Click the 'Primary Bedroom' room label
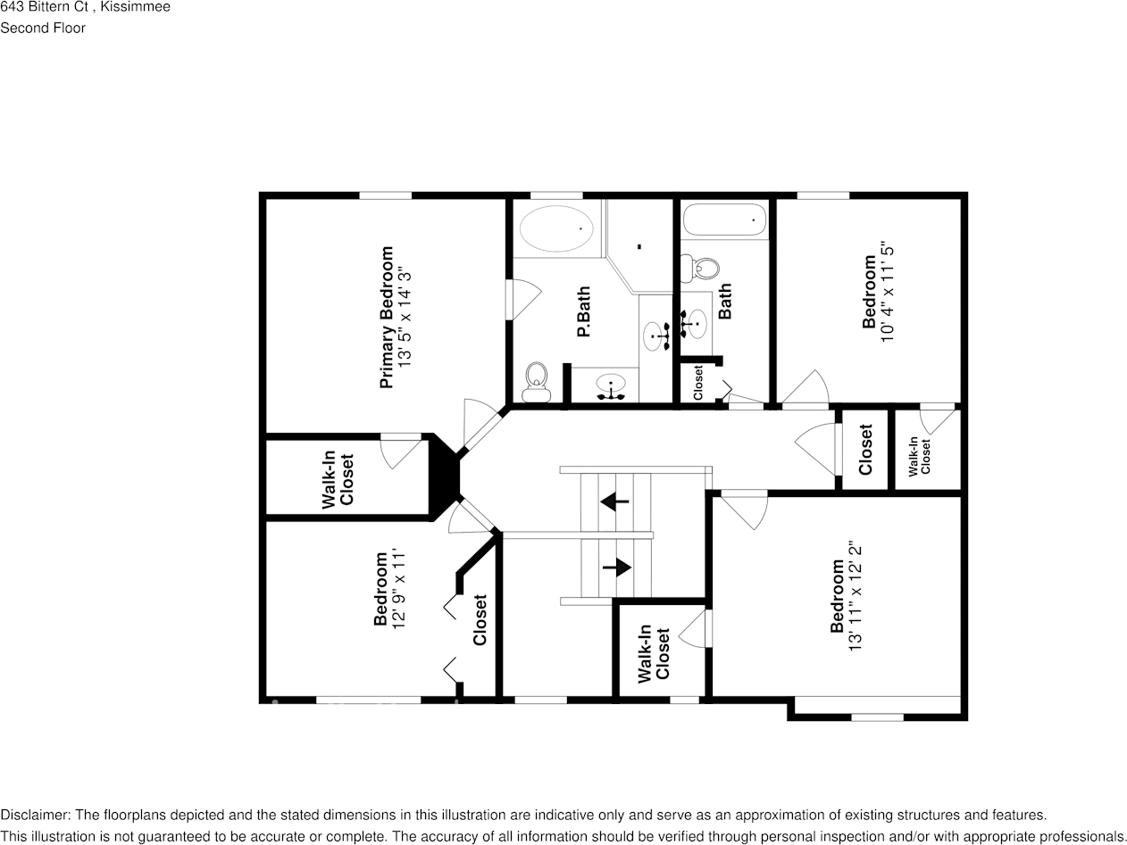click(387, 318)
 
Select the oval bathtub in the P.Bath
click(555, 229)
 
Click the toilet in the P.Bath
click(536, 382)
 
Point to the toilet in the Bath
click(701, 266)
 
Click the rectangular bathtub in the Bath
click(724, 220)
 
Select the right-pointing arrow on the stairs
click(617, 567)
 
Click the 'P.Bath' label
click(583, 312)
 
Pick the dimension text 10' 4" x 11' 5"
click(887, 294)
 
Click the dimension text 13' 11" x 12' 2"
click(856, 596)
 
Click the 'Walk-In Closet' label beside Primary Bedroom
click(338, 480)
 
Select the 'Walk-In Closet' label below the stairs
click(654, 654)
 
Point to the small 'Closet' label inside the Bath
click(698, 383)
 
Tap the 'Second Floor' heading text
click(43, 28)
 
